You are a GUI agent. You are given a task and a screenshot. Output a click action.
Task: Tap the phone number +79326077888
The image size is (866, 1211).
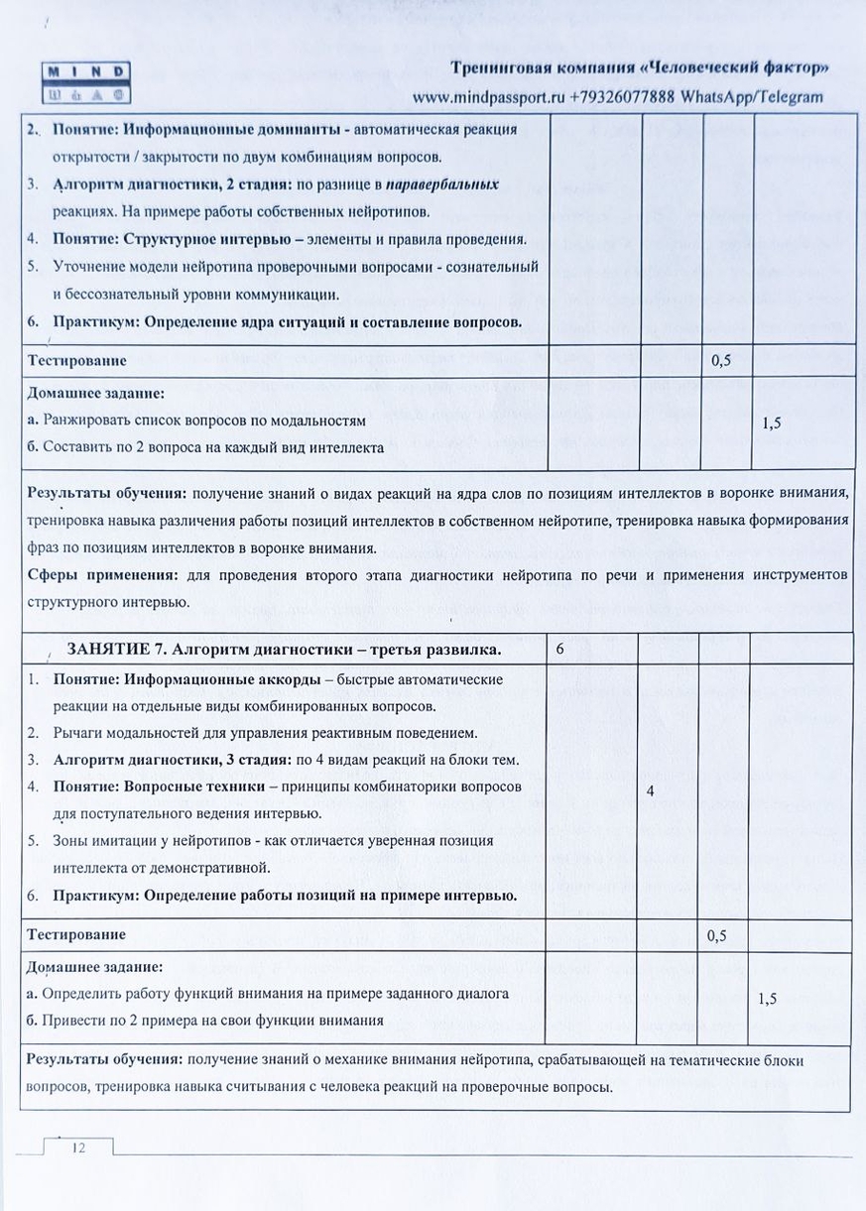pos(622,97)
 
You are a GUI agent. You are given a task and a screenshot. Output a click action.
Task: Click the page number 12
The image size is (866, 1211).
pos(77,1148)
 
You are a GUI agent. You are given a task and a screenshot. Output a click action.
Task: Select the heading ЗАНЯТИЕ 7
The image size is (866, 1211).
pos(111,650)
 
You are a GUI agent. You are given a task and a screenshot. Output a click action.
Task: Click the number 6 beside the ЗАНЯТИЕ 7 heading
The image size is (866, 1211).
pos(560,649)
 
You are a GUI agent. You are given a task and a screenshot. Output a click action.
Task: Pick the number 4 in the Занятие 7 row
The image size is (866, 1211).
pos(650,791)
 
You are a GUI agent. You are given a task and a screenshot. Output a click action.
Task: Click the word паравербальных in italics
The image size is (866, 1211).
pos(442,184)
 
